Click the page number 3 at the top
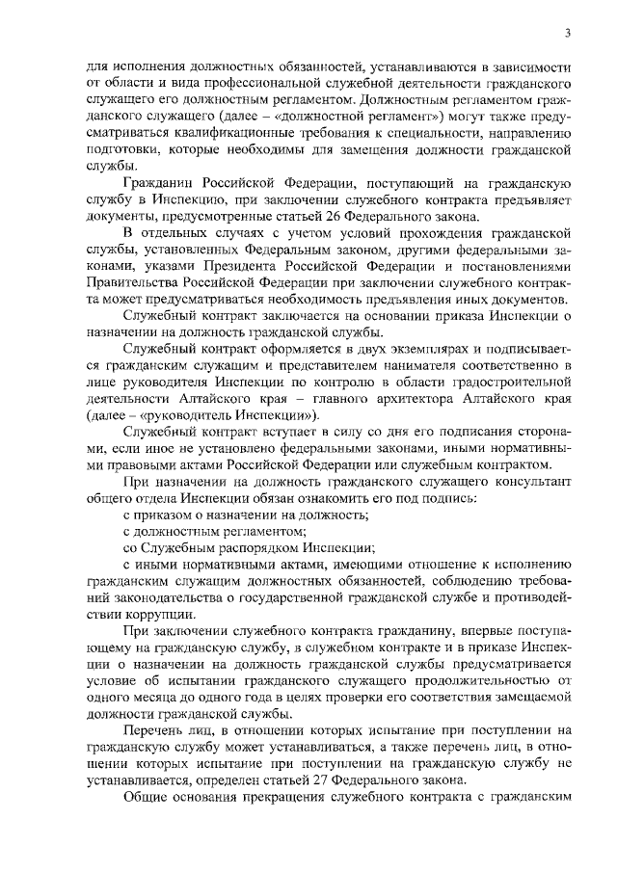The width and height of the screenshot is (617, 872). click(x=568, y=34)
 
